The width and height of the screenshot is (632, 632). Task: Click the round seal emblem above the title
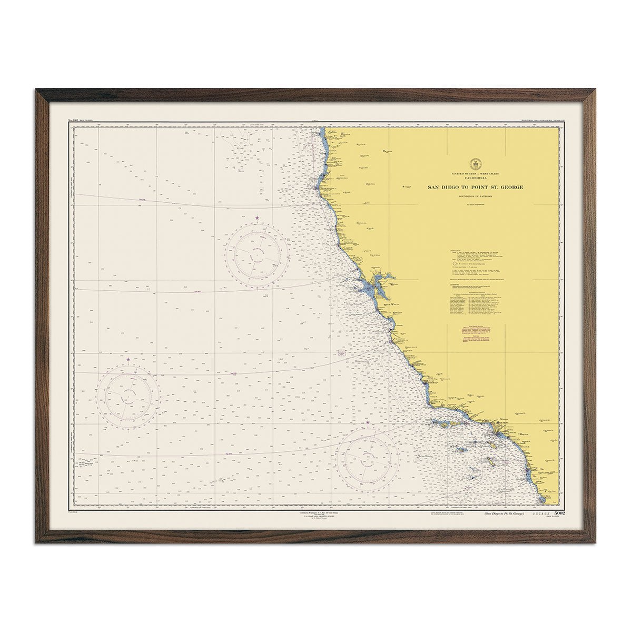pyautogui.click(x=473, y=164)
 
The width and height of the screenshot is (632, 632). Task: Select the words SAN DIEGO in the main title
pyautogui.click(x=443, y=187)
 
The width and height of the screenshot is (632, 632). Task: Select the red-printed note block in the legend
pyautogui.click(x=473, y=335)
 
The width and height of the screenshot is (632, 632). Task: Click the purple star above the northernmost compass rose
pyautogui.click(x=257, y=218)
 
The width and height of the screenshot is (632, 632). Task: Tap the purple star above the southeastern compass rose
pyautogui.click(x=368, y=422)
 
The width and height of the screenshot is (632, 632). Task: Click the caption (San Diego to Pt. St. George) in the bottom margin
pyautogui.click(x=497, y=513)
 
